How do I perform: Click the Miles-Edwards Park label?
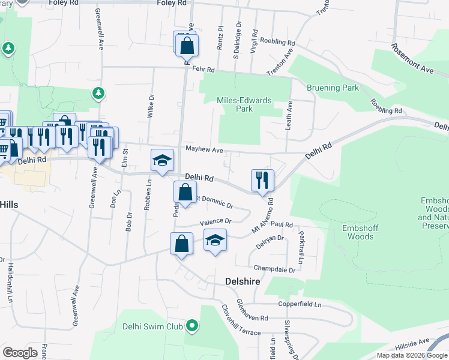[x=245, y=105]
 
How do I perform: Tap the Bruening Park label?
[x=333, y=88]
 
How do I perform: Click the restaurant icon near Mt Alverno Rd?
[x=262, y=180]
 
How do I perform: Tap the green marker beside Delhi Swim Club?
[x=192, y=326]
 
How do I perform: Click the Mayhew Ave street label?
[x=204, y=149]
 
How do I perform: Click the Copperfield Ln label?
[x=300, y=305]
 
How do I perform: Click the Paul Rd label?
[x=281, y=225]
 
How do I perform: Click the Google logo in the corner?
[x=20, y=352]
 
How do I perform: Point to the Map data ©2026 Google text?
[x=412, y=355]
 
